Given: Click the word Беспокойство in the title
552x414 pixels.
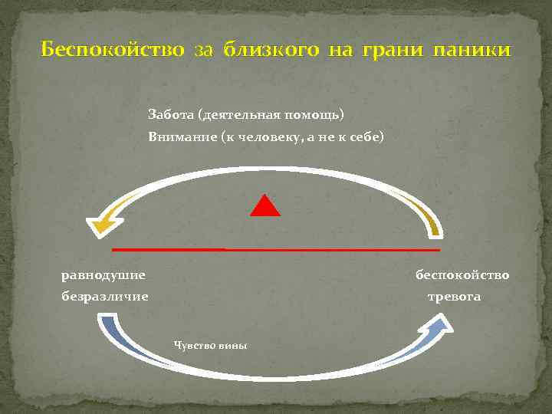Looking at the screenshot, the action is pos(112,51).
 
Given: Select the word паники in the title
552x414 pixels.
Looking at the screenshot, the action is pos(471,51).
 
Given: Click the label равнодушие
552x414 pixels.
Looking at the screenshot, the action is pos(103,274).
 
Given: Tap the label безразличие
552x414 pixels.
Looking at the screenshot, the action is pos(105,296).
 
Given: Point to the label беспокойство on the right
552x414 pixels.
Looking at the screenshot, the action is pos(462,274).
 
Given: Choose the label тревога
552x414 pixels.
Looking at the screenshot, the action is pos(454,296).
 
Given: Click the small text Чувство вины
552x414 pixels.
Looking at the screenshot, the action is pos(211,346).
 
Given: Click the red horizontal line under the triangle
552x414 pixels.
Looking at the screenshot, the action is pos(276,250).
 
